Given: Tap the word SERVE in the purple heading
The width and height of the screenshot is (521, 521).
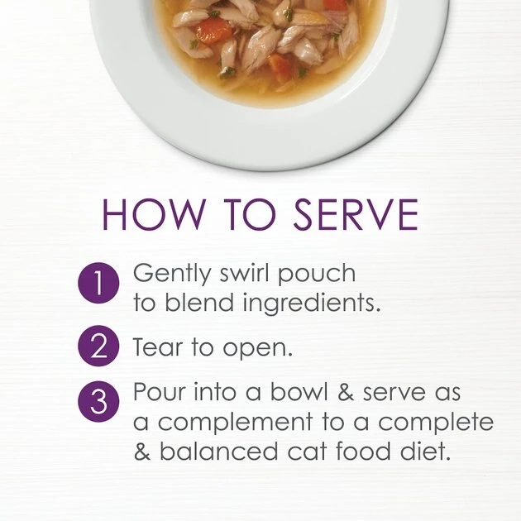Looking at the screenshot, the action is (x=356, y=214).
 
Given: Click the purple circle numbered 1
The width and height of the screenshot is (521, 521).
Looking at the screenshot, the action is (x=98, y=283).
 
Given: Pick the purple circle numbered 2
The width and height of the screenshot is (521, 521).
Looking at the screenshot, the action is (x=98, y=346).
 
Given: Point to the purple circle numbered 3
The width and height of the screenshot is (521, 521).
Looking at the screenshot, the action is (x=98, y=402).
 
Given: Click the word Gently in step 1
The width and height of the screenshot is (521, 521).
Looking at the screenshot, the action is (x=172, y=275).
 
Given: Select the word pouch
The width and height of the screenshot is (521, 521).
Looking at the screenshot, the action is (x=317, y=275).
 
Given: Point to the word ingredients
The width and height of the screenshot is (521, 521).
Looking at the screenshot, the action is (x=311, y=304).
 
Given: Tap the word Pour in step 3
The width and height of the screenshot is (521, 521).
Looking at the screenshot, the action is (x=159, y=391).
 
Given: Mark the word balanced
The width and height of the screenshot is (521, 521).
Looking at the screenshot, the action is (x=218, y=450).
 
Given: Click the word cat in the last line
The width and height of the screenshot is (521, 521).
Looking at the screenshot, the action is (x=308, y=452).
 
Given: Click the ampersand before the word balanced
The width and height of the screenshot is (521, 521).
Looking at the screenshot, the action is (x=142, y=451).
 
